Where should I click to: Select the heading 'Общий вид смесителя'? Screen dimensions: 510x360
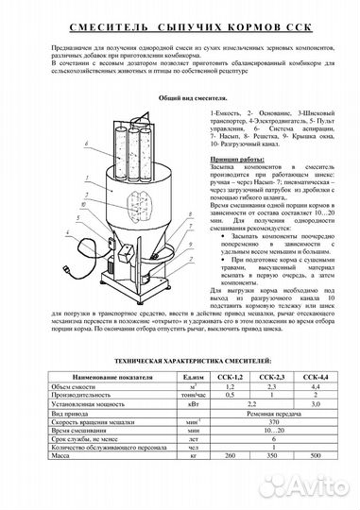pyautogui.click(x=180, y=96)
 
